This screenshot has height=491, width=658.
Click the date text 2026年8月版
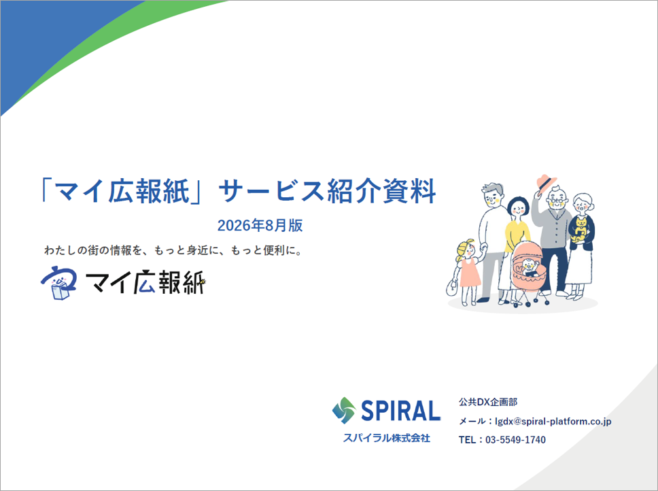260,225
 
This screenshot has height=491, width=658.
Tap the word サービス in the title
271,191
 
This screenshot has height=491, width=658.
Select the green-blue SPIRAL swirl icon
344,410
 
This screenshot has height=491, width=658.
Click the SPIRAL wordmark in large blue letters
401,411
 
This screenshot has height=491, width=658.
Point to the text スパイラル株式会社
387,438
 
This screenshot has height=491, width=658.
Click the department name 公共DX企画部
488,402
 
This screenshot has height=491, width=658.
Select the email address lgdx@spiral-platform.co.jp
553,421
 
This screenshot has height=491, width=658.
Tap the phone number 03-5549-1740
515,440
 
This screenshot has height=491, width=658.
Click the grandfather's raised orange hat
546,183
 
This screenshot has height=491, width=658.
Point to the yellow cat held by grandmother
581,228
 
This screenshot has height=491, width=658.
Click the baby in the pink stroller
529,267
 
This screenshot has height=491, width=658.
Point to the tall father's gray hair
493,188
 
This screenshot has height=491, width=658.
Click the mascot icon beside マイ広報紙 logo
58,282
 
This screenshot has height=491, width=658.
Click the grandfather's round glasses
557,201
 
